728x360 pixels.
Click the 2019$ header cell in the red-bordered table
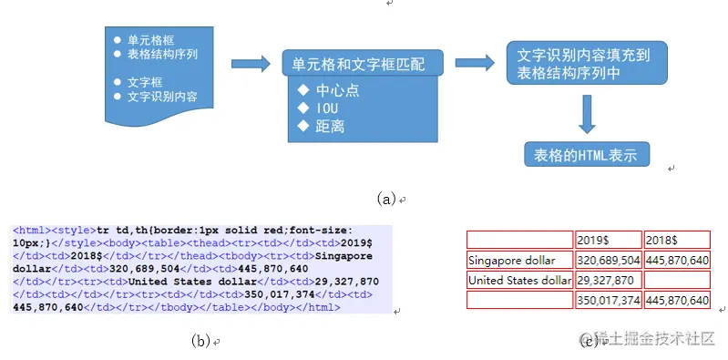point(608,240)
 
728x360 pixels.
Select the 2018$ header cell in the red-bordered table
point(676,240)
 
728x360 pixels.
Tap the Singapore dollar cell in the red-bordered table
point(519,260)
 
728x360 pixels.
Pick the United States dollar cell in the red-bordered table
point(519,280)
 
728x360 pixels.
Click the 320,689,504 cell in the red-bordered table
point(608,260)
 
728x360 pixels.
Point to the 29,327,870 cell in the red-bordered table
point(608,280)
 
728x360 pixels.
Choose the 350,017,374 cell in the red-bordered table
point(608,300)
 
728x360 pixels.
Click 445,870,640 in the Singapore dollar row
point(676,260)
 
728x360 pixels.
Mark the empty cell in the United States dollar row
point(676,280)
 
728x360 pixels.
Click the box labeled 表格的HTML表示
point(587,154)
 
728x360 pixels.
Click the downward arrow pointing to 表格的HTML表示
point(586,114)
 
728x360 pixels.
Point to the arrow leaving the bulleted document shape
point(254,64)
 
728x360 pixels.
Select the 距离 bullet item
point(330,127)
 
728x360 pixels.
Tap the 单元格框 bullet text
point(151,40)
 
